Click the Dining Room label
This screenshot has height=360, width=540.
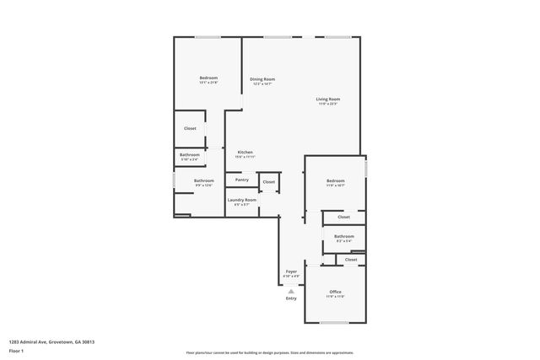tap(262, 79)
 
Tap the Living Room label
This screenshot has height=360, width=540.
tap(327, 99)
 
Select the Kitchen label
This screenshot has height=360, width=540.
tap(245, 152)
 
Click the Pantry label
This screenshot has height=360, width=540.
tap(241, 180)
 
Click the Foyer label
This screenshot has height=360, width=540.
tap(291, 271)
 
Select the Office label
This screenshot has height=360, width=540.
tap(335, 292)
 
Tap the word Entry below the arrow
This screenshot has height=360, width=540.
tap(291, 298)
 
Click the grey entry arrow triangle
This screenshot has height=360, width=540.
tap(291, 290)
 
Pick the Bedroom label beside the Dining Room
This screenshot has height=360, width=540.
tap(208, 78)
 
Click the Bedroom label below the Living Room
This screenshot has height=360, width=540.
tap(335, 180)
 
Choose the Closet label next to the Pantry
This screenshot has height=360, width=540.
tap(268, 181)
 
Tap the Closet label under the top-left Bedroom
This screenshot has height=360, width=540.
tap(190, 128)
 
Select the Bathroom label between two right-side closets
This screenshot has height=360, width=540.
tap(343, 237)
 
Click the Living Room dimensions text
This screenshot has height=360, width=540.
tap(327, 104)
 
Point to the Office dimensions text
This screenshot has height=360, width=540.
tap(335, 297)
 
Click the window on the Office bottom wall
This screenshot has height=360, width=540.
tap(335, 324)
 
